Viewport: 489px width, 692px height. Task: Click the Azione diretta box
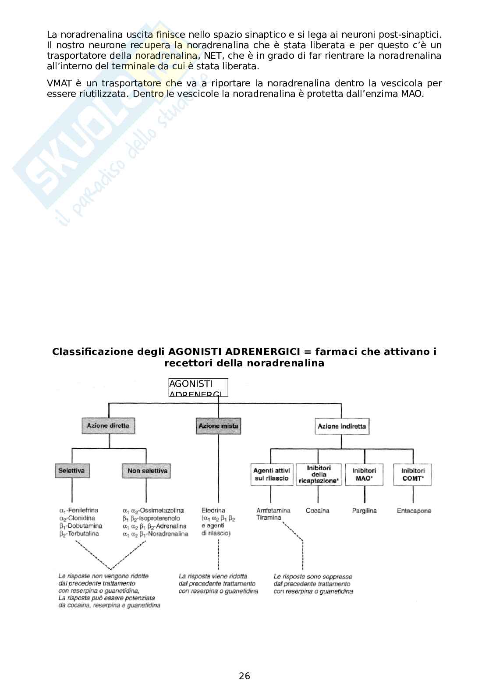coord(108,426)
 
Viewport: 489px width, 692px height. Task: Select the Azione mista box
coord(218,426)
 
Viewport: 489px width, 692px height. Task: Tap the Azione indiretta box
coord(342,426)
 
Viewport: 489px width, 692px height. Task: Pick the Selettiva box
coord(71,471)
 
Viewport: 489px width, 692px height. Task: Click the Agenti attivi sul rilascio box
coord(272,474)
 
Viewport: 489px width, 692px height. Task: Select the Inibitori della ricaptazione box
coord(319,474)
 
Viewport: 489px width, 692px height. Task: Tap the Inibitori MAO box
coord(364,474)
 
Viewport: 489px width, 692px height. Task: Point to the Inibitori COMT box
coord(413,474)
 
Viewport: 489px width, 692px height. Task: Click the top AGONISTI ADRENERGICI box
coord(198,387)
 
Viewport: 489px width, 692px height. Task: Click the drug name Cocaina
coord(317,511)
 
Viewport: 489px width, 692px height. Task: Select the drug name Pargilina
coord(364,511)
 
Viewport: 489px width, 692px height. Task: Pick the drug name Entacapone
coord(414,511)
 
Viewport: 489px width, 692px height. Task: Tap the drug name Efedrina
coord(213,511)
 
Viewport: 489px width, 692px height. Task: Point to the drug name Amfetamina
coord(273,511)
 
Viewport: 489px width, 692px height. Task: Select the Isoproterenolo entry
coord(158,518)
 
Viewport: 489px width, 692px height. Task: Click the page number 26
coord(244,676)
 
